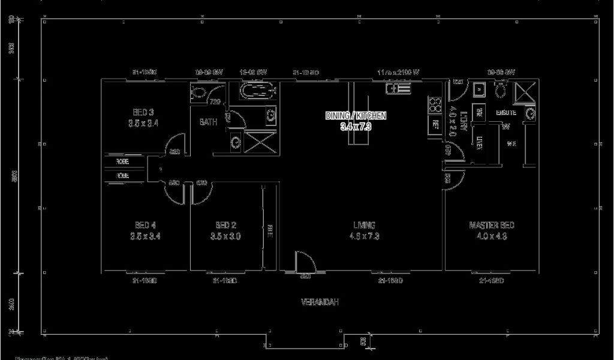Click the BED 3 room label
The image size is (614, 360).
point(143,112)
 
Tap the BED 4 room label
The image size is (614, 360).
point(145,225)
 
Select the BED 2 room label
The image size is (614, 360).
point(225,225)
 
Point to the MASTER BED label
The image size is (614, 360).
point(491,225)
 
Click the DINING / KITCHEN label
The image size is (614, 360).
point(356,115)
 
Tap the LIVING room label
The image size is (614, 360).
point(364,225)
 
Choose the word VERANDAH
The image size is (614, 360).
point(320,302)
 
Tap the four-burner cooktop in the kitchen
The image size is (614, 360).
point(433,106)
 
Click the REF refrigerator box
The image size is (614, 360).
point(435,125)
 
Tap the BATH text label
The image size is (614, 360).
point(208,122)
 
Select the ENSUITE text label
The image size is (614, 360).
point(506,113)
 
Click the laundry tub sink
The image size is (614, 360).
point(479,91)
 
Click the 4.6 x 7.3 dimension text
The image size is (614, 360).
point(364,236)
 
